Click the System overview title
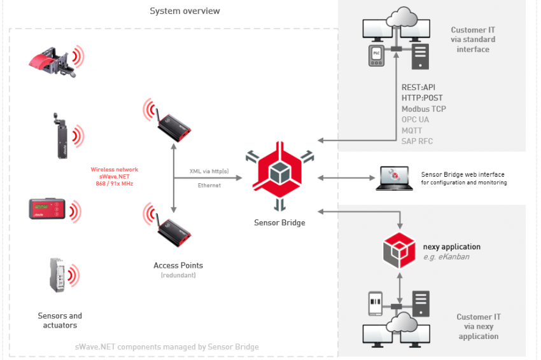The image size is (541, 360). [x=185, y=11]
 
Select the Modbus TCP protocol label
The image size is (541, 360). [x=424, y=109]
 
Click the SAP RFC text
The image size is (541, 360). [x=417, y=141]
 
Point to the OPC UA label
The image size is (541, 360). [x=415, y=120]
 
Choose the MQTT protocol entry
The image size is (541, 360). [x=412, y=130]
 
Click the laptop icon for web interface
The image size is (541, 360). [x=394, y=178]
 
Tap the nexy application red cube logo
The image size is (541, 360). [x=399, y=251]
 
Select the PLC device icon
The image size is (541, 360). [x=376, y=55]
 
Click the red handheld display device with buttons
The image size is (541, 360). [x=47, y=209]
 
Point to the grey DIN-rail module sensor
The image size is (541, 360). [x=57, y=275]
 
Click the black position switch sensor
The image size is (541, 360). [x=61, y=135]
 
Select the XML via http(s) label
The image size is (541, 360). [x=209, y=171]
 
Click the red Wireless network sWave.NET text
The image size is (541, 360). [x=114, y=177]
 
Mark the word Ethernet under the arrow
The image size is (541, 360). [x=209, y=186]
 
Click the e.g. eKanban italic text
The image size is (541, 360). [x=446, y=257]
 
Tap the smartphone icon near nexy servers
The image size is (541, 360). [x=376, y=303]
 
